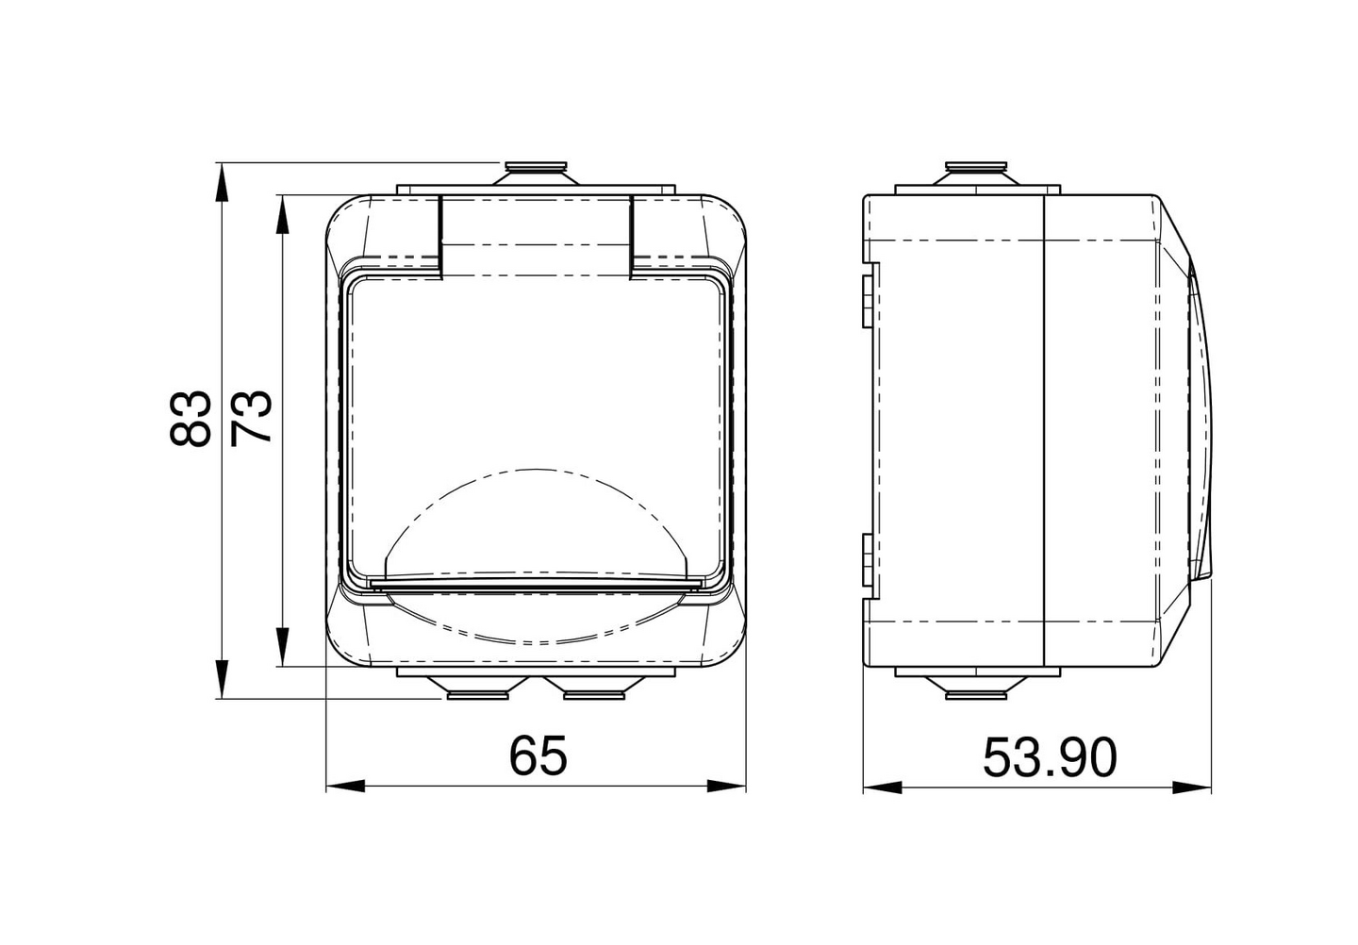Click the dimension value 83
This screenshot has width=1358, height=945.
191,418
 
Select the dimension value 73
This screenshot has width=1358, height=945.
253,418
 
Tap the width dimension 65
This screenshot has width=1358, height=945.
538,755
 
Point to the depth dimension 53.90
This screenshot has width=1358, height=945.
1049,757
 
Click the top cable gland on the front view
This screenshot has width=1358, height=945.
535,173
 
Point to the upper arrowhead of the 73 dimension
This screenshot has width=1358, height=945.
281,213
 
